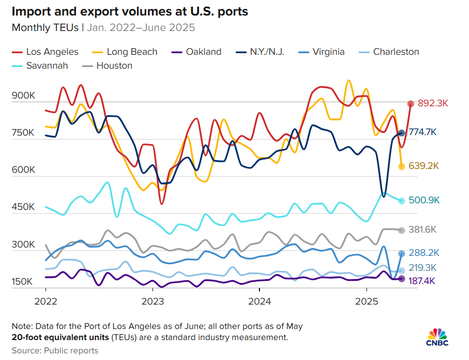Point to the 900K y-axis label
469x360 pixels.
click(x=23, y=96)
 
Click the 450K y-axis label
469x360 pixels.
click(x=23, y=207)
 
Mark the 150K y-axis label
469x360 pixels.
click(x=23, y=281)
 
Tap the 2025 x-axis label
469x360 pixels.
click(x=366, y=302)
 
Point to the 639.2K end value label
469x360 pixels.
click(x=424, y=166)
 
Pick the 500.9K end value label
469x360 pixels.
click(x=424, y=200)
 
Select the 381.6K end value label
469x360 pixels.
click(x=424, y=230)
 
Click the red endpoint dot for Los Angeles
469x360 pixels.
click(x=411, y=104)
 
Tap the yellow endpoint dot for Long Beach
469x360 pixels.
click(x=401, y=167)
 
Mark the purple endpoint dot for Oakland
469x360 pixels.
click(x=401, y=279)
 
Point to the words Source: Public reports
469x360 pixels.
click(x=55, y=351)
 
